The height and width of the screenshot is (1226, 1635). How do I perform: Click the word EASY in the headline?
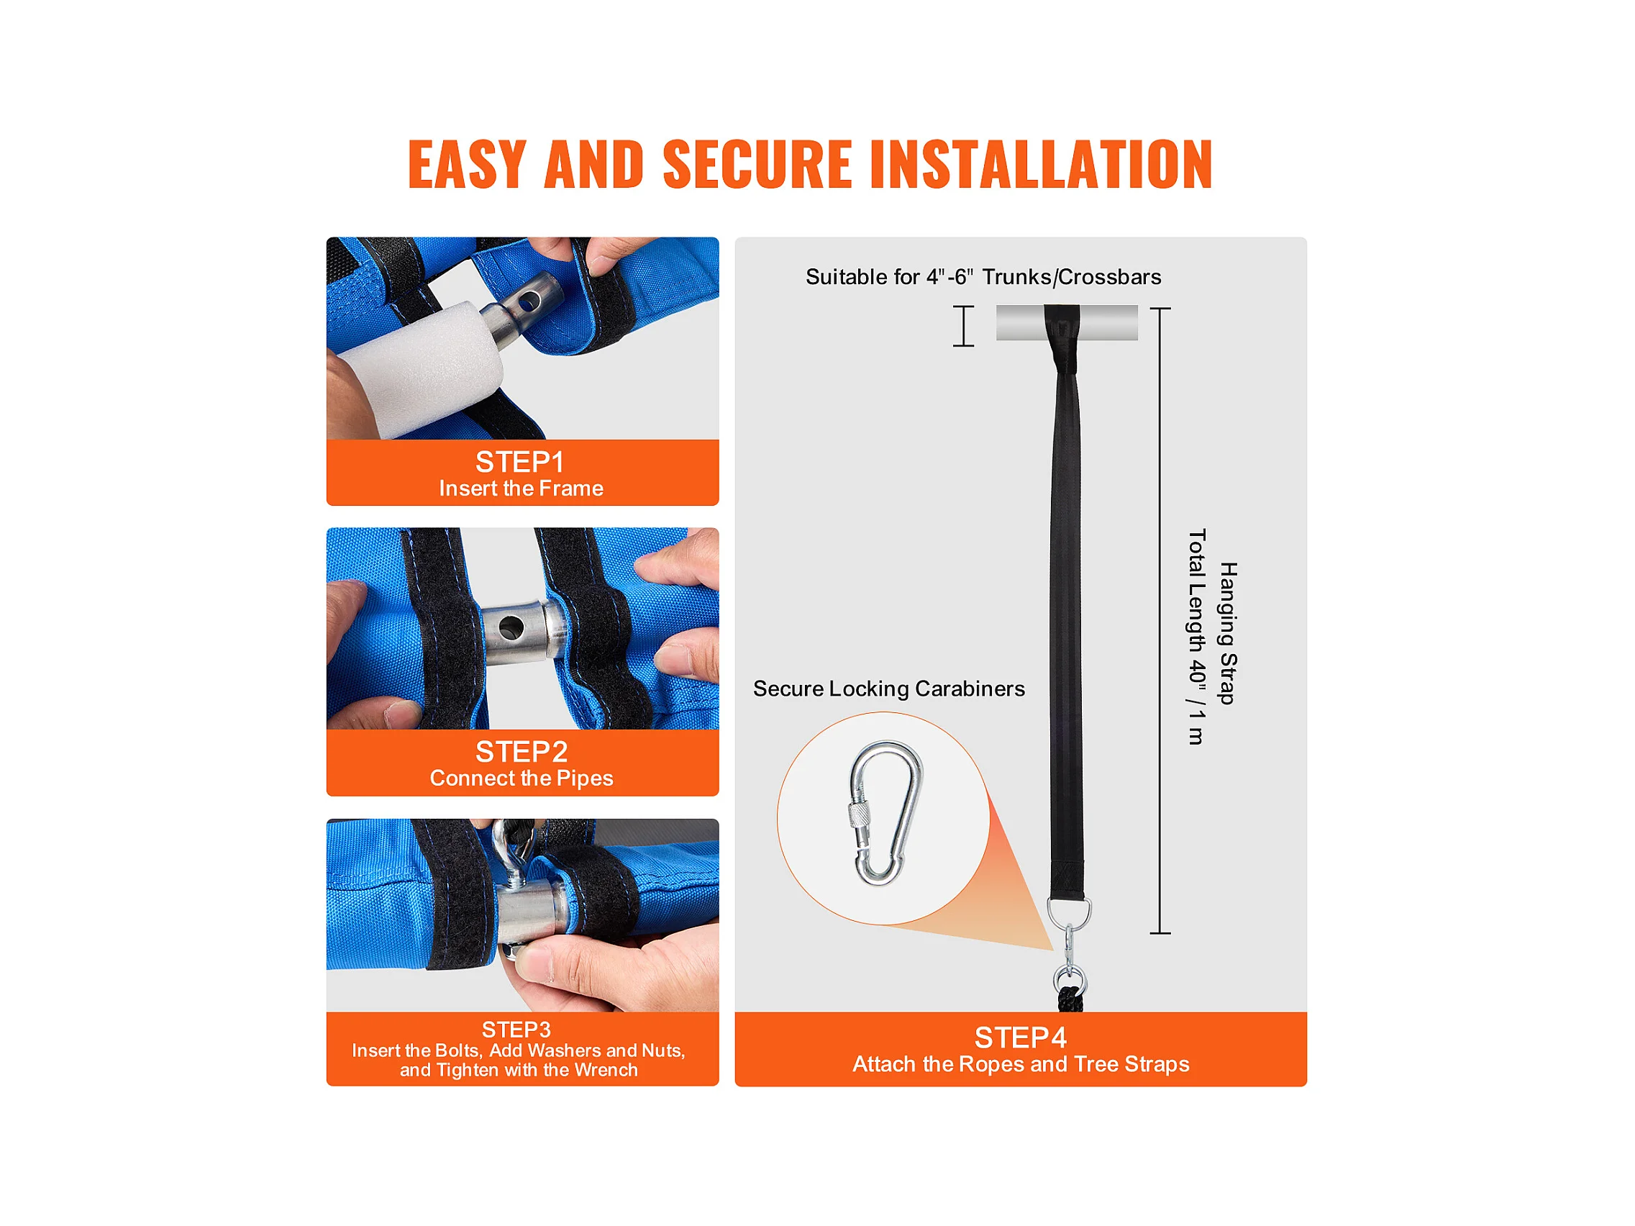[x=466, y=164]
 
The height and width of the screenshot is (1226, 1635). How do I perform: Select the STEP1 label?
[x=519, y=462]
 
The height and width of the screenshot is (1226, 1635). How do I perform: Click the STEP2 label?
[x=521, y=752]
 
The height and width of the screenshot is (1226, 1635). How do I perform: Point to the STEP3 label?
[x=516, y=1030]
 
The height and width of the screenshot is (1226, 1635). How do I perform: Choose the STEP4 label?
[x=1020, y=1038]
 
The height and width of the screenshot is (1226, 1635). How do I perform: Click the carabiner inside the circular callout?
[x=885, y=814]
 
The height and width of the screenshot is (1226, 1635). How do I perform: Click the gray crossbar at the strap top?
[x=1067, y=322]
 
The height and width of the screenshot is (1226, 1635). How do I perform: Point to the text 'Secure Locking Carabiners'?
[x=888, y=689]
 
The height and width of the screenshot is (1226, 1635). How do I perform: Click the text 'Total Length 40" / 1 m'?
[x=1196, y=637]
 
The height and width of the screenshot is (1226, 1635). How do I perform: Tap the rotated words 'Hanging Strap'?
[x=1228, y=633]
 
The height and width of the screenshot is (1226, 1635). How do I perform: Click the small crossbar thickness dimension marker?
[x=963, y=326]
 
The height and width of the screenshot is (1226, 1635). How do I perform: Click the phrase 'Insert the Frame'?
[x=521, y=489]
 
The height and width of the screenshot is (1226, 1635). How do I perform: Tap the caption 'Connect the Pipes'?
[x=521, y=778]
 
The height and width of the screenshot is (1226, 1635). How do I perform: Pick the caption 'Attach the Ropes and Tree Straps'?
[x=1021, y=1064]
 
